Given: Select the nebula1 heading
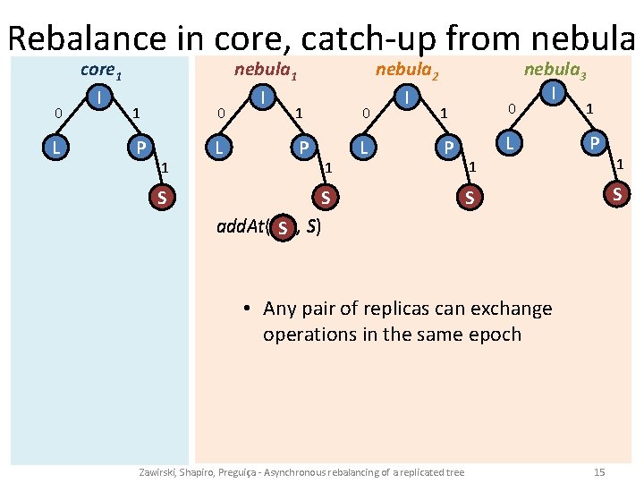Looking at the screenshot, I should [267, 70].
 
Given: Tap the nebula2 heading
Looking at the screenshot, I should [407, 70].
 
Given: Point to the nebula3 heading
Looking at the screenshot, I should [555, 70].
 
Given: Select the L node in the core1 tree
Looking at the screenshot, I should [56, 146].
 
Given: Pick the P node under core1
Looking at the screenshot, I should [138, 146].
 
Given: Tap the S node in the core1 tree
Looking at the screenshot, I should [161, 196].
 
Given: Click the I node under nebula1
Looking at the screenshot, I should [262, 93].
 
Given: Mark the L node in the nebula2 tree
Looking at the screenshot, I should [362, 146].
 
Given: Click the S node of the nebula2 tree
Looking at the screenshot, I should [467, 196].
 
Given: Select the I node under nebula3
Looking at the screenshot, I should [555, 91].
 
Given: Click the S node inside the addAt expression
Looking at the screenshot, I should [283, 228].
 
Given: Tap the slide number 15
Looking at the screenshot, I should [599, 471].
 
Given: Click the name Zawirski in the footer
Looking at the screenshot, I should [159, 471].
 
